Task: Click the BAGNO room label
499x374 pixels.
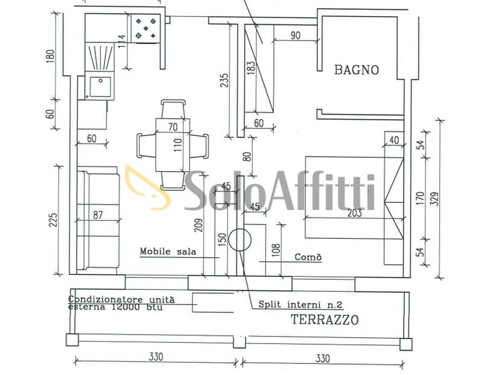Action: click(x=356, y=70)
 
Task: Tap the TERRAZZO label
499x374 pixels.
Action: click(x=325, y=319)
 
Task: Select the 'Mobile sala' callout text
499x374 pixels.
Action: click(x=168, y=251)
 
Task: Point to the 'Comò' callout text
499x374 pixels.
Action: click(x=308, y=257)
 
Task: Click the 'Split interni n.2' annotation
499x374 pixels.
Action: click(x=300, y=304)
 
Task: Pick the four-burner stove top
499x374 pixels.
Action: click(x=146, y=29)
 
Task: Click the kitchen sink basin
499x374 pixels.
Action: click(x=100, y=87)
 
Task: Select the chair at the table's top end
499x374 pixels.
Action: click(x=173, y=109)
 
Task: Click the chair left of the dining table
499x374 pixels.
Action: click(x=147, y=145)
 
